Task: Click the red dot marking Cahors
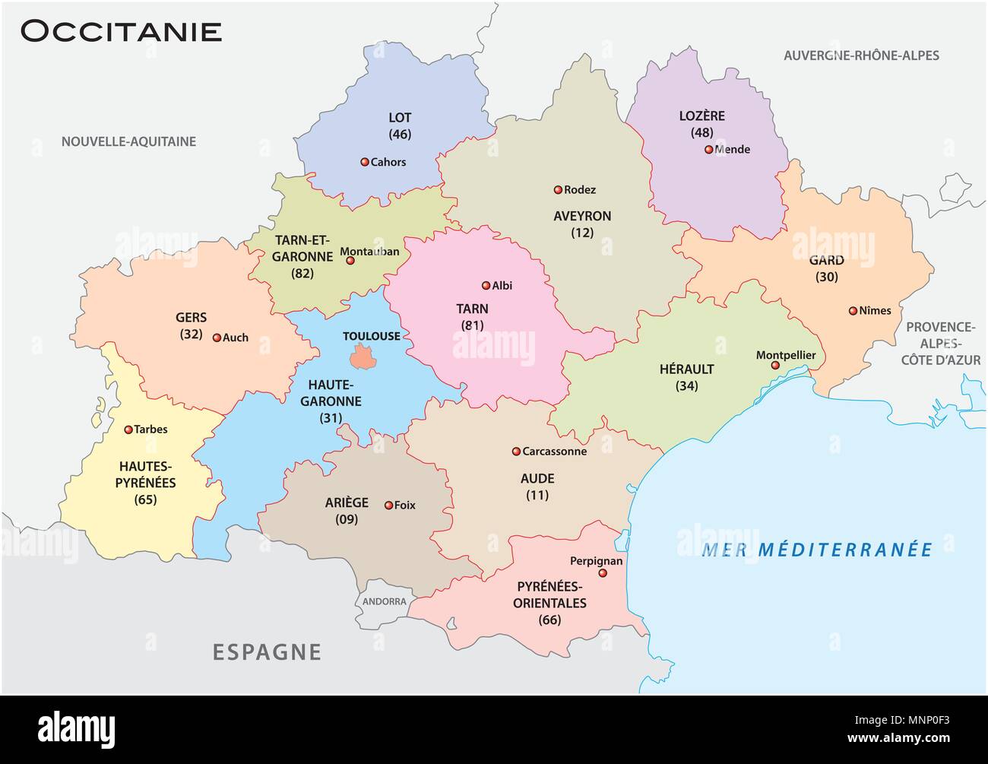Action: (x=364, y=162)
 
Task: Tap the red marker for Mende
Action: (x=708, y=150)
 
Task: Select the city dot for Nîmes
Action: (x=853, y=311)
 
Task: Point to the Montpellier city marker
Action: (x=775, y=366)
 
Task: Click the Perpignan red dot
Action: (x=603, y=574)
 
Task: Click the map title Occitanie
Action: (x=121, y=31)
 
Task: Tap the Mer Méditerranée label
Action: (x=816, y=549)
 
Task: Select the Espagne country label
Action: (x=266, y=651)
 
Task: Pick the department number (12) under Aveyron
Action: (x=582, y=233)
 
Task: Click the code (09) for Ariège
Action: (x=346, y=520)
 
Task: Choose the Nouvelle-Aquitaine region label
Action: (x=128, y=141)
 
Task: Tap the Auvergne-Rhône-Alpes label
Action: (x=861, y=55)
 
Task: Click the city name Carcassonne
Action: (x=554, y=452)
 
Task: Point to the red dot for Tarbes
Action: (x=128, y=430)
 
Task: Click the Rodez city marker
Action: (x=558, y=190)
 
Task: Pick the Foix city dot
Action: (x=388, y=505)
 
